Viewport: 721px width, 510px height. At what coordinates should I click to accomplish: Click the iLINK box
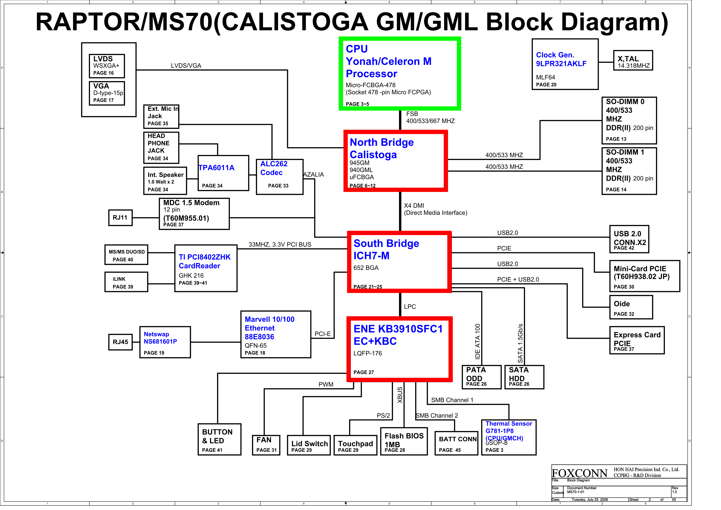pyautogui.click(x=126, y=282)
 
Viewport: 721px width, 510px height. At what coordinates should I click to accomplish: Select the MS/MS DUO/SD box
pyautogui.click(x=126, y=255)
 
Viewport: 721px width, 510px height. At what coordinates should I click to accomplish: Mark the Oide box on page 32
pyautogui.click(x=631, y=307)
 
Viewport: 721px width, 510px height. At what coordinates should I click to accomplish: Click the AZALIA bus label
pyautogui.click(x=313, y=175)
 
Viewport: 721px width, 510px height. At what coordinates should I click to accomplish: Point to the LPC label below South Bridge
pyautogui.click(x=410, y=307)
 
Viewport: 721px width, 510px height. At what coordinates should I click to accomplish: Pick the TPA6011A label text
pyautogui.click(x=216, y=168)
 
